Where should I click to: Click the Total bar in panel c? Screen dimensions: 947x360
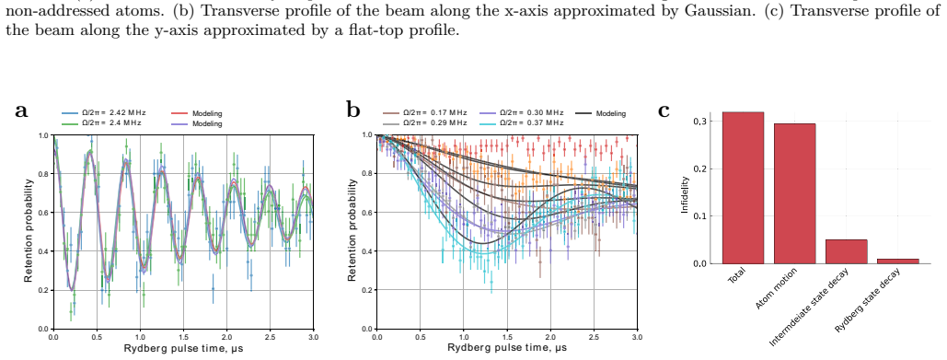[x=743, y=188]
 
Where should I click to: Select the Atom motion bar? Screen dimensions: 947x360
[x=795, y=193]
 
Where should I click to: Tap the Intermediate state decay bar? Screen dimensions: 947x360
[x=846, y=252]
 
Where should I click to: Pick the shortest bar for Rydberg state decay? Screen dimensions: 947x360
[x=898, y=261]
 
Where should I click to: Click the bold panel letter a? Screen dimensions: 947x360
[x=22, y=111]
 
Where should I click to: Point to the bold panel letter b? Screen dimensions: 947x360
[x=353, y=110]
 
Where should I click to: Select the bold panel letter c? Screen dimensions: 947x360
[x=664, y=111]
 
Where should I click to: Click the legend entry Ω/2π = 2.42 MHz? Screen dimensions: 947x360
[x=104, y=113]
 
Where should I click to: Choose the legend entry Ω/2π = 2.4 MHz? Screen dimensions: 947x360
[x=101, y=122]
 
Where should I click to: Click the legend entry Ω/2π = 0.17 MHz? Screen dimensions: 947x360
[x=425, y=113]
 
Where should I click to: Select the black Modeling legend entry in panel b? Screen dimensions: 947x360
[x=601, y=113]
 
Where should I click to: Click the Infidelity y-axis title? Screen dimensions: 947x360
[x=685, y=194]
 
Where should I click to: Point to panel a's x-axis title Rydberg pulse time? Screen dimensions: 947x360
[x=184, y=349]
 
